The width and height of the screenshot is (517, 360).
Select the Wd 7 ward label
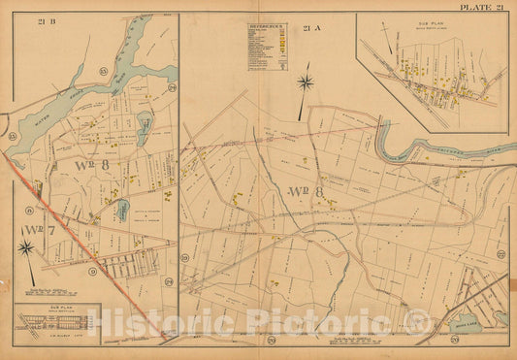click(40, 230)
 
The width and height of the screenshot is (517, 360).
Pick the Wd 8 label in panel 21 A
click(306, 191)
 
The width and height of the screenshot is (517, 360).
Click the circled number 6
click(30, 211)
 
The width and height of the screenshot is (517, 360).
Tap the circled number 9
click(91, 271)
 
